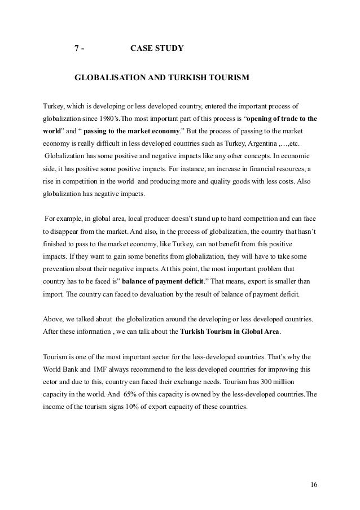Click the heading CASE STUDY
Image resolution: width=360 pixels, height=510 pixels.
pyautogui.click(x=156, y=49)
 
